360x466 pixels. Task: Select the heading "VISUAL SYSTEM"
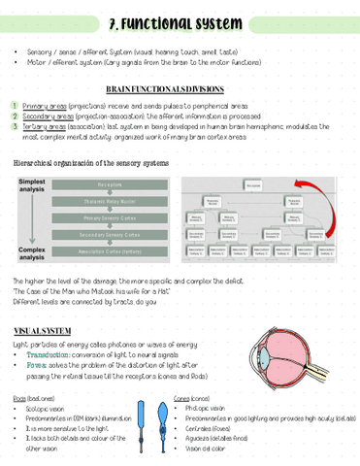[x=42, y=332]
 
